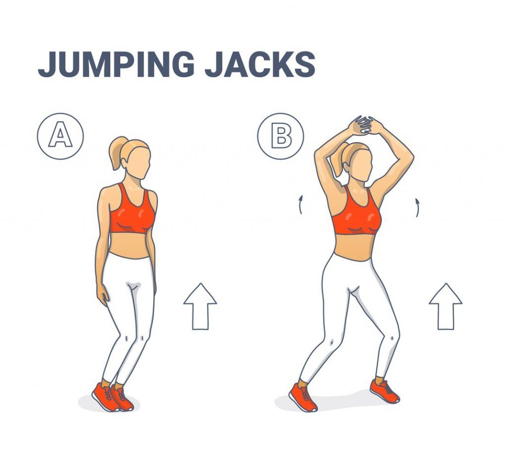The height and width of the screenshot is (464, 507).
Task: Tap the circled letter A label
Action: tap(60, 136)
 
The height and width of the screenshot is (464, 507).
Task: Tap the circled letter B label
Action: tap(280, 136)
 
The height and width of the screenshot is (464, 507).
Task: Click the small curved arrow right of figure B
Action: tap(417, 207)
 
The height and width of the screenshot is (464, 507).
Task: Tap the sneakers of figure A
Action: tap(113, 397)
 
